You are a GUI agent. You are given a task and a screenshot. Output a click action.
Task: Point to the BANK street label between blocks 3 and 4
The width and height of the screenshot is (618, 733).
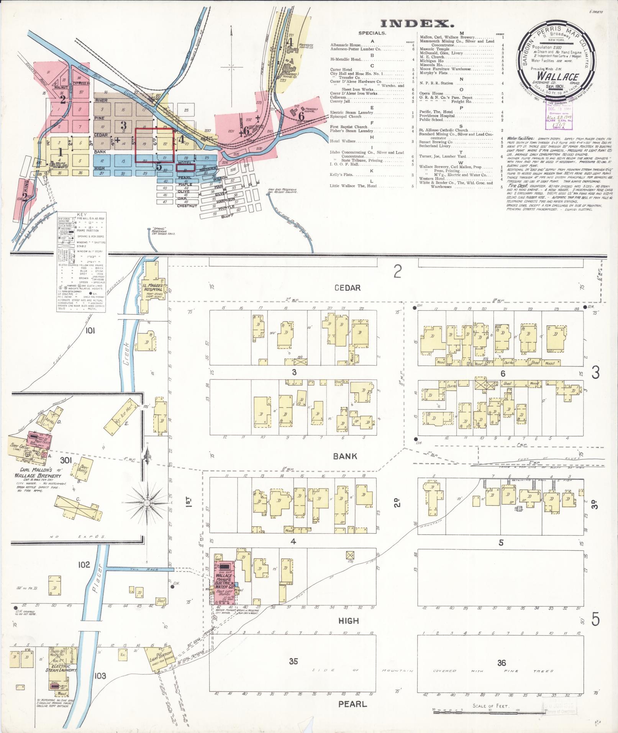(x=345, y=456)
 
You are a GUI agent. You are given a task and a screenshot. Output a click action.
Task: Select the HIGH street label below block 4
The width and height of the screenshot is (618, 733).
(x=349, y=620)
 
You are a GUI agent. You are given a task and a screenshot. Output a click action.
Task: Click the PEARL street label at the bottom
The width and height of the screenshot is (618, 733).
(x=352, y=704)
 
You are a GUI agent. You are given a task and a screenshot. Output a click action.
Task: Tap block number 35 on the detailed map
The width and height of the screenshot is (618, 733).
(x=293, y=661)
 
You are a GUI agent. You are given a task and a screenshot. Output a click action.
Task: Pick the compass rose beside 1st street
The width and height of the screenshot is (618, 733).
(x=147, y=502)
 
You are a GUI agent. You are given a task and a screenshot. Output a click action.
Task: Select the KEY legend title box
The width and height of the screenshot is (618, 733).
(x=82, y=215)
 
